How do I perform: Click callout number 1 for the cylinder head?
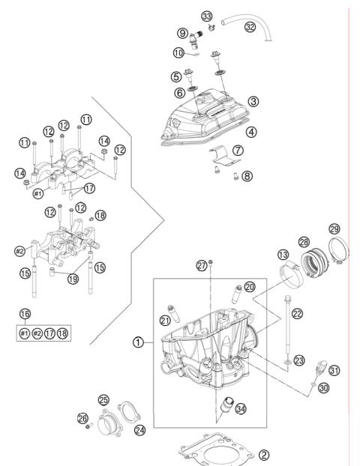[x=139, y=342]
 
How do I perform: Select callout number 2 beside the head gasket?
[x=263, y=455]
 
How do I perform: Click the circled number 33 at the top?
[x=207, y=16]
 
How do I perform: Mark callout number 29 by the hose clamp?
[x=334, y=228]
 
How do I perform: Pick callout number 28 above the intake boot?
[x=304, y=242]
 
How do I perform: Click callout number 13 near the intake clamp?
[x=285, y=255]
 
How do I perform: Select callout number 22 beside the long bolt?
[x=297, y=313]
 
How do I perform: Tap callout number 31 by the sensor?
[x=334, y=370]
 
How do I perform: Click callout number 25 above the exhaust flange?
[x=103, y=400]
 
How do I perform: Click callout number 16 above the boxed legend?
[x=25, y=315]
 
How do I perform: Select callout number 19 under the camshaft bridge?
[x=73, y=278]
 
